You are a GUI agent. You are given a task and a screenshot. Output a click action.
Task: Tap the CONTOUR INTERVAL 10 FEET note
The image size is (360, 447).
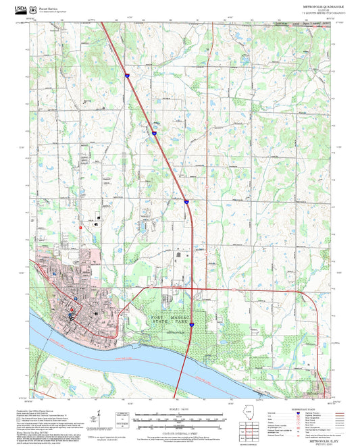180,427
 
